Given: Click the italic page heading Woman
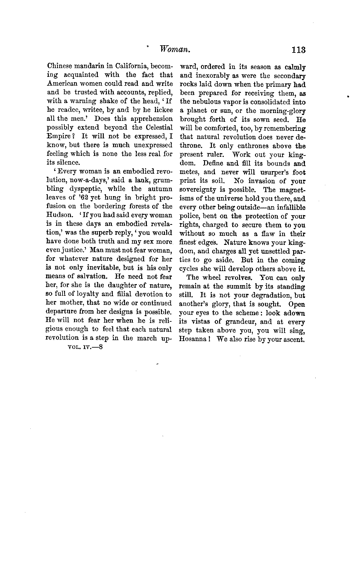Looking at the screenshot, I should click(175, 50).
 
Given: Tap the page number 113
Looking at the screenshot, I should click(297, 50).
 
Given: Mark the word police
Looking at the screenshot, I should click(190, 216).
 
